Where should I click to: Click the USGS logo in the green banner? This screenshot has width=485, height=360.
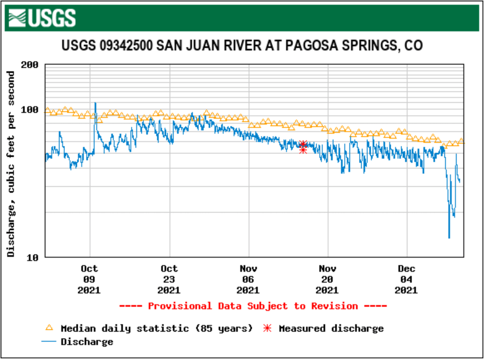click(42, 18)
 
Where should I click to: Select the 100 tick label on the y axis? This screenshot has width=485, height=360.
click(30, 109)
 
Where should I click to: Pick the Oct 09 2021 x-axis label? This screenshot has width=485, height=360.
click(89, 279)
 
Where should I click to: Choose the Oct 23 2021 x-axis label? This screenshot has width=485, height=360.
click(169, 279)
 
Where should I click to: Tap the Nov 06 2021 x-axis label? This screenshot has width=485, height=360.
click(248, 279)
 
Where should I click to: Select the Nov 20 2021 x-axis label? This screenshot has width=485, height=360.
click(327, 279)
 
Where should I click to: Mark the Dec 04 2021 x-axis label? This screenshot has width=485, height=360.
click(406, 279)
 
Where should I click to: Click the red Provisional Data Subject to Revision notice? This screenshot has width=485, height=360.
click(253, 306)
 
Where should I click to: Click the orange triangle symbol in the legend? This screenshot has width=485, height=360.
click(49, 328)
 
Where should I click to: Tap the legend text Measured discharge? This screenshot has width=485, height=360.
click(331, 328)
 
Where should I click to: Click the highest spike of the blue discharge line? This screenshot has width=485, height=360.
click(95, 103)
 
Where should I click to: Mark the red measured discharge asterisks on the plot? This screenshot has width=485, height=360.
click(303, 147)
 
